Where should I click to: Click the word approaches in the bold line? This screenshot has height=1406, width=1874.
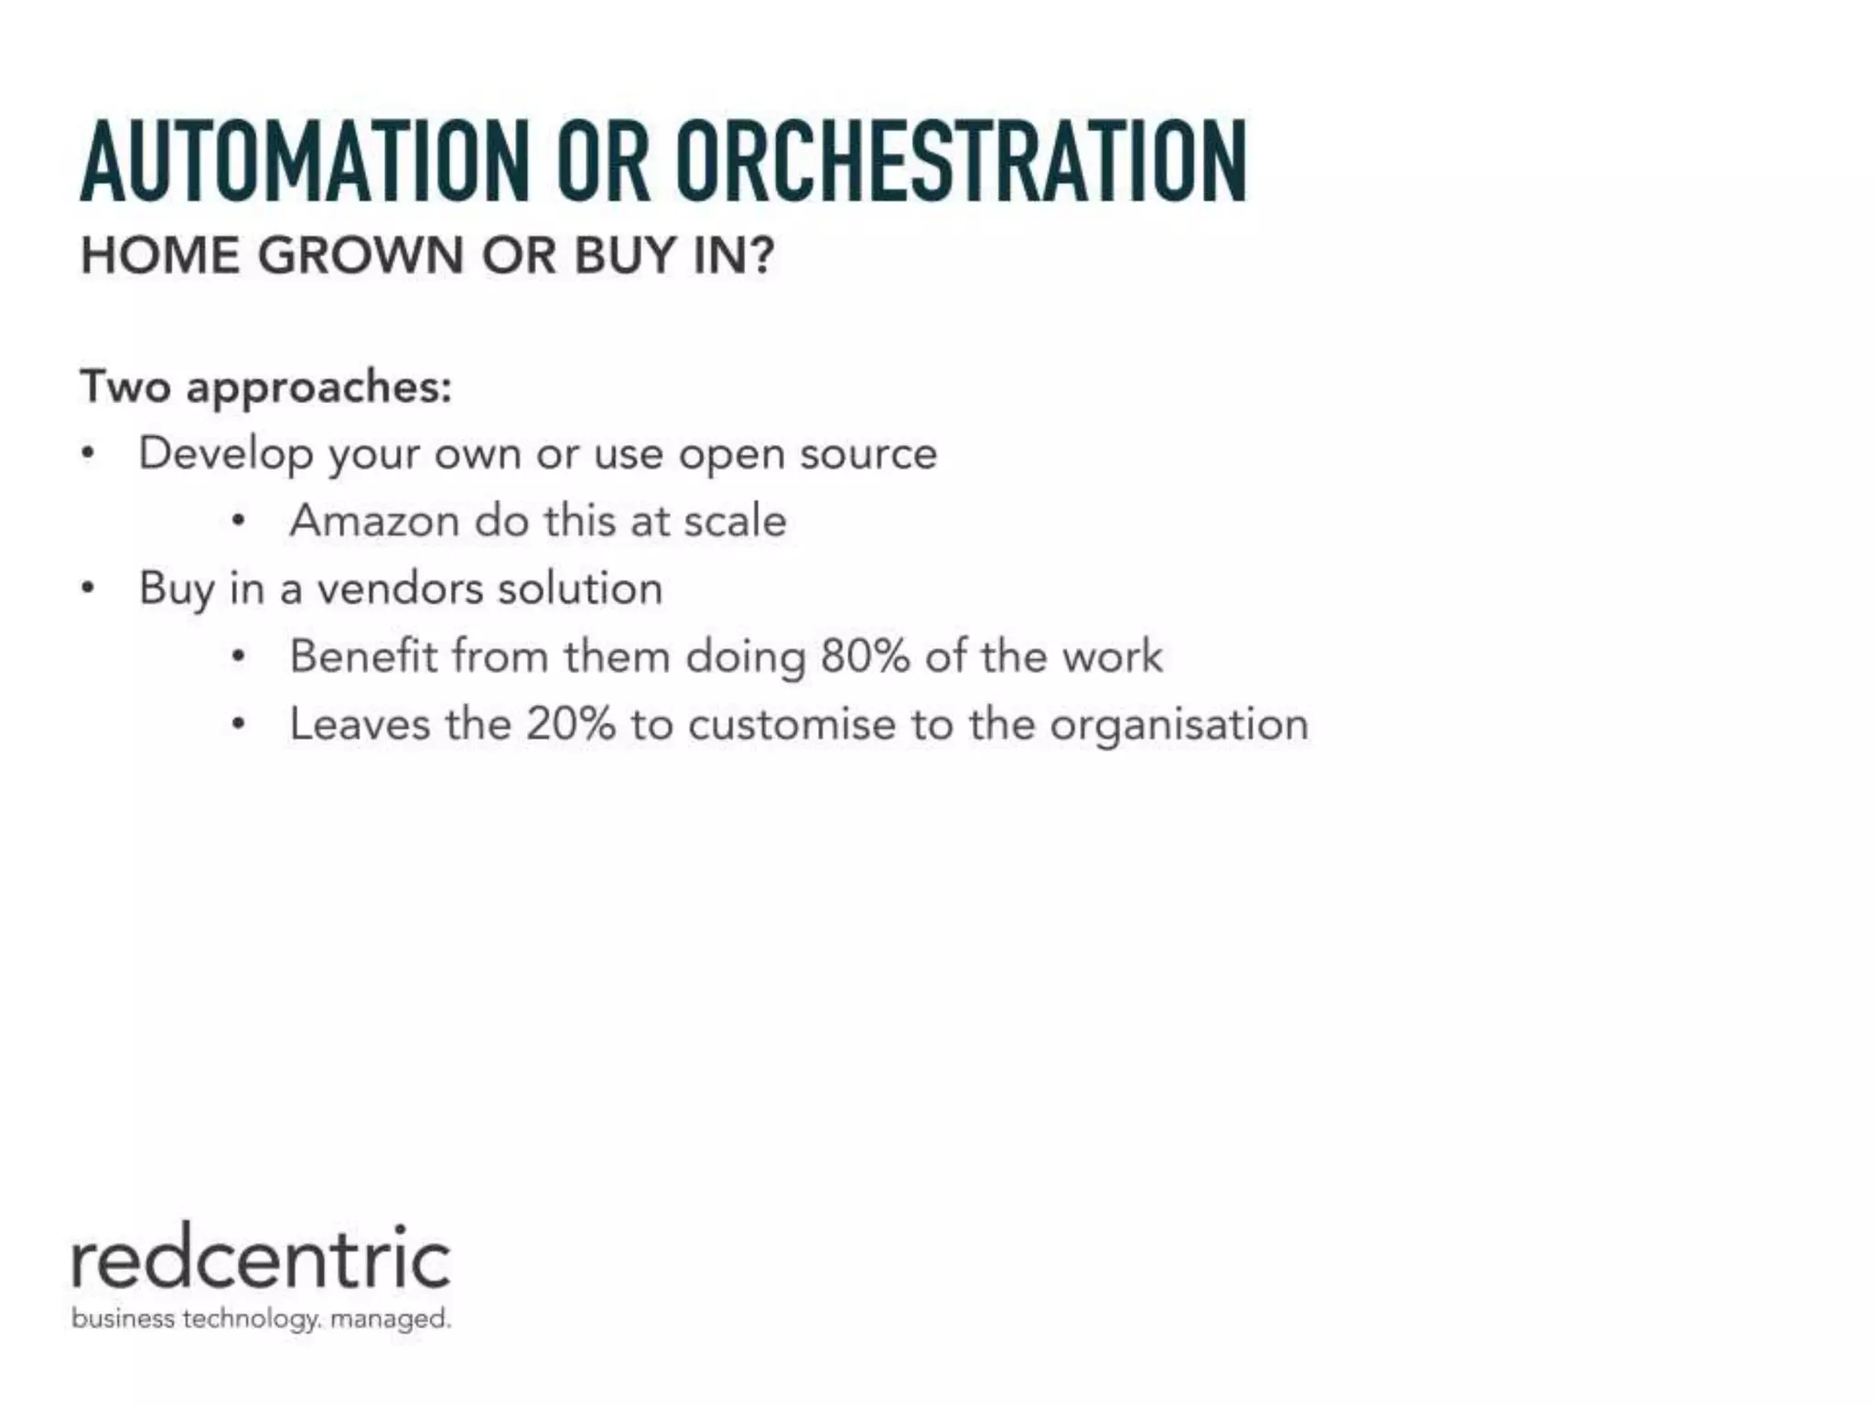pos(318,388)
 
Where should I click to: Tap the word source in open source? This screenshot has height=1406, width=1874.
pos(868,454)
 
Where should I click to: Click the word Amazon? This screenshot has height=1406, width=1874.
pos(374,521)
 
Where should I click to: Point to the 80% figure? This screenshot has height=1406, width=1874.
pos(865,656)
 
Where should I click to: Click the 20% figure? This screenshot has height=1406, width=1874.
pos(570,724)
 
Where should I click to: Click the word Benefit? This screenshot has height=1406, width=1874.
pos(363,656)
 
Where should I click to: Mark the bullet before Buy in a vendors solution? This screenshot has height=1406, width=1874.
pos(88,588)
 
